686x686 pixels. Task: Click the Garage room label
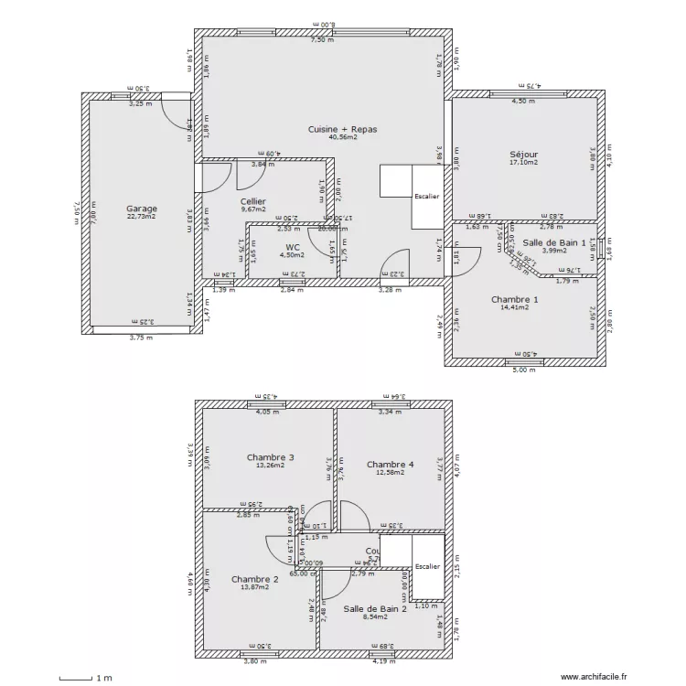[142, 209]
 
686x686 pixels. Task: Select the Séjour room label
[523, 155]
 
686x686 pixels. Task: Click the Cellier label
[253, 201]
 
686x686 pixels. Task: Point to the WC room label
[292, 247]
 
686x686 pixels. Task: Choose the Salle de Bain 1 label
[553, 241]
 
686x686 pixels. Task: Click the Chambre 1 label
[514, 299]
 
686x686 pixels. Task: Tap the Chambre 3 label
[270, 457]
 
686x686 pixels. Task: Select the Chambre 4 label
[391, 465]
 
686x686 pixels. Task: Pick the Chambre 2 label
[255, 579]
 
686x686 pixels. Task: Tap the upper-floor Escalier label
[427, 567]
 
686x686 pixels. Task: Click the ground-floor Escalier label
[426, 197]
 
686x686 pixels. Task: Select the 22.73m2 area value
[142, 217]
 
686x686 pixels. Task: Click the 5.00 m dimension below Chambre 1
[522, 370]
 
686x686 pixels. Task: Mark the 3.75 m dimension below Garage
[142, 337]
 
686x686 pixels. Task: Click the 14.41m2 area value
[514, 308]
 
